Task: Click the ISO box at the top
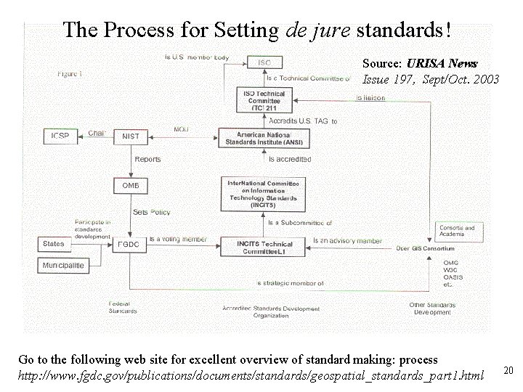264,63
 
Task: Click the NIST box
131,136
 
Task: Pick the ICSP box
60,136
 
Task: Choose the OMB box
130,186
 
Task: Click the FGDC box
129,245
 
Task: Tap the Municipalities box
63,265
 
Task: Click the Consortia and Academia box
458,232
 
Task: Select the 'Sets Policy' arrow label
150,212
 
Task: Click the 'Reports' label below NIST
147,159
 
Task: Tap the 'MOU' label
181,130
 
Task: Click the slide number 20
508,371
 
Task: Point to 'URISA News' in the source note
442,65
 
